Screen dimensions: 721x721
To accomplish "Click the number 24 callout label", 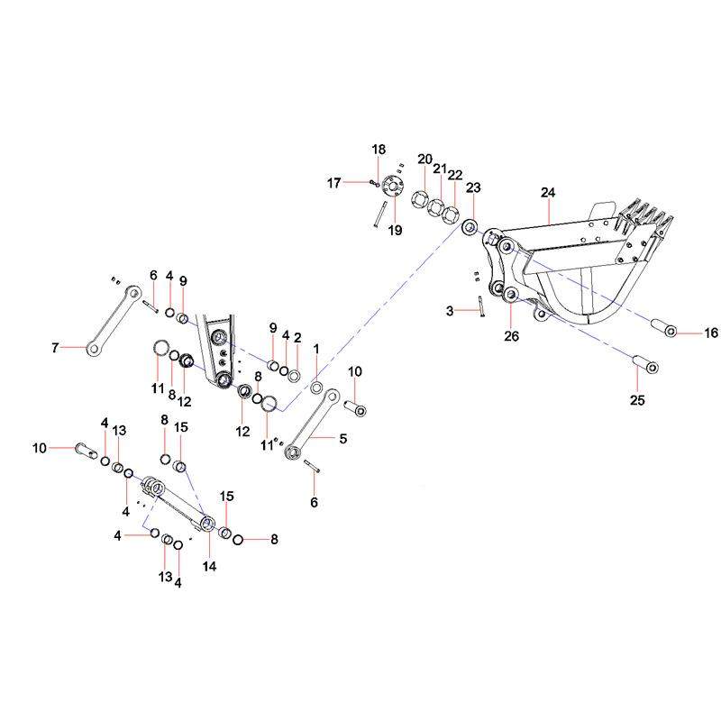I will tap(549, 192).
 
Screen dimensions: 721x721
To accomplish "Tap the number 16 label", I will tap(711, 333).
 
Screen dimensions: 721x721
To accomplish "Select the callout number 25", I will tap(637, 401).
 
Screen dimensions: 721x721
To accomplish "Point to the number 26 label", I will tap(511, 336).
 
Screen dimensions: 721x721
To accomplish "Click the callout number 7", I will tap(55, 347).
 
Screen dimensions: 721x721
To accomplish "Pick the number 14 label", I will tap(210, 567).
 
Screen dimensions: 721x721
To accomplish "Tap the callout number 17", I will tap(334, 183).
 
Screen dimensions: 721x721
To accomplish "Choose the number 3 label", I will tap(449, 310).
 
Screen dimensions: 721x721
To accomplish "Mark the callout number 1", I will tap(316, 348).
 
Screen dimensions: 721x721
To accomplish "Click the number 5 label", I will tap(342, 439).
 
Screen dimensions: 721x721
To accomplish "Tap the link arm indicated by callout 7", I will tap(112, 320).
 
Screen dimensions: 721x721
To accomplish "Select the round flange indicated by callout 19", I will tap(391, 187).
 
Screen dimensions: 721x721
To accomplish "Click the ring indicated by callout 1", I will tap(316, 387).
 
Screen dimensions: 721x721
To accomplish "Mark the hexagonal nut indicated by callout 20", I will tap(420, 198).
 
